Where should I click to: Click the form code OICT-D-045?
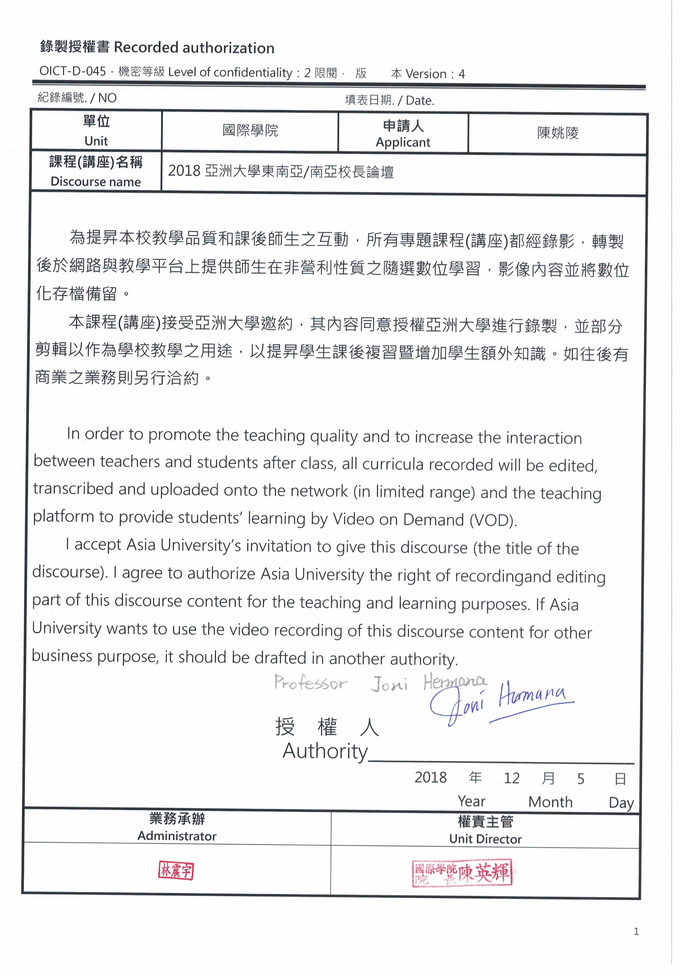click(72, 71)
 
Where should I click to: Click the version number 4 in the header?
click(461, 74)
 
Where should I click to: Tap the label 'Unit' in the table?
click(96, 141)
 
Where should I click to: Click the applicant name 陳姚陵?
click(557, 133)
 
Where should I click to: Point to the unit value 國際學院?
click(250, 131)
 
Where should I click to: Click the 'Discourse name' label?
click(96, 182)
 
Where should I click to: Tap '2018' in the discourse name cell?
click(184, 171)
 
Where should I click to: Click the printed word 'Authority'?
click(325, 751)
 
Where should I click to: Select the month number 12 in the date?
click(511, 778)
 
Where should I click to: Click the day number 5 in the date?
click(581, 779)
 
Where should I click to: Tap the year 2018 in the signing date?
click(430, 777)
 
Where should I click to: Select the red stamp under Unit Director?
click(462, 873)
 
